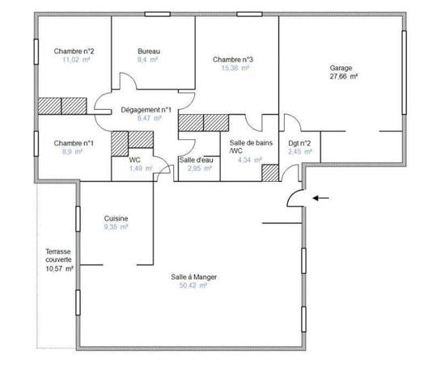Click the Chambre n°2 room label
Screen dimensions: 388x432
coord(74,51)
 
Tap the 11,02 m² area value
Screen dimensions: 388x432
coord(74,60)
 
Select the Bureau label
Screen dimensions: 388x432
coord(148,51)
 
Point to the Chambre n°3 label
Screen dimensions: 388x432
coord(233,60)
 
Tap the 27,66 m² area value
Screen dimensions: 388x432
coord(343,77)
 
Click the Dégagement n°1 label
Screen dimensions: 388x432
coord(146,109)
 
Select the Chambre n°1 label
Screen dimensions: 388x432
coord(74,143)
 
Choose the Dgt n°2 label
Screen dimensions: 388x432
coord(288,143)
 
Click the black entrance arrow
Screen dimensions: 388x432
coord(322,196)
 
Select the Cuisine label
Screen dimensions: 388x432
coord(116,219)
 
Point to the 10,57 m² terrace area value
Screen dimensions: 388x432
coord(59,269)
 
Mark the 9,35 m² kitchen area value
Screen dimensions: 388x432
coord(116,228)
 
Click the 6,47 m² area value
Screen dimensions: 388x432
coord(146,118)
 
